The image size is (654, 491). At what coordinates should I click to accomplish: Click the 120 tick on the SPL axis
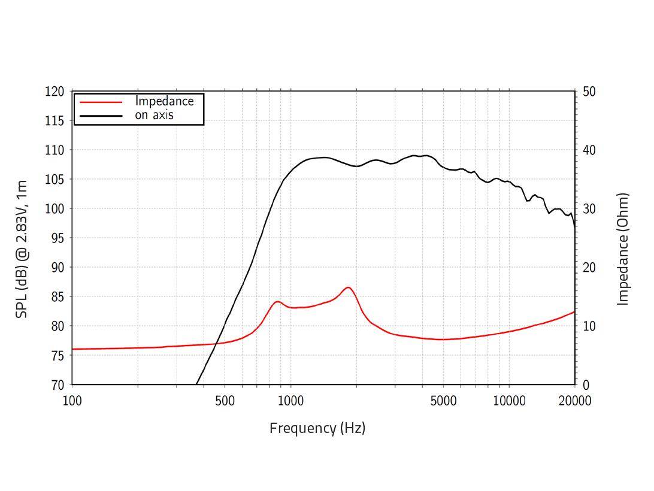(54, 92)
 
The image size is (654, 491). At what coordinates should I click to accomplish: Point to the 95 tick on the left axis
(54, 238)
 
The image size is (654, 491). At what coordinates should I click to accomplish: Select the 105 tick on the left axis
(54, 180)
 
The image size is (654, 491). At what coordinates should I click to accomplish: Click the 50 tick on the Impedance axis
(589, 92)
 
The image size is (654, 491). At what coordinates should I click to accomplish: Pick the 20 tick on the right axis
(589, 268)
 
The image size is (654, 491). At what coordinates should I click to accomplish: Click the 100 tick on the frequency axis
(72, 401)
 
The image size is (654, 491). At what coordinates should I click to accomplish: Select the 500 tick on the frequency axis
(225, 401)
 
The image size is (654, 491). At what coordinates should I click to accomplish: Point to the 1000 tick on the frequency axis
(290, 401)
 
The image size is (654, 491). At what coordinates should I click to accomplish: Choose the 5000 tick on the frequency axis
(443, 401)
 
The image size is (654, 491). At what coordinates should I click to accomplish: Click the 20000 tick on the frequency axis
(575, 401)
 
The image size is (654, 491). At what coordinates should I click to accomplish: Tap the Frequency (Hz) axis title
(317, 428)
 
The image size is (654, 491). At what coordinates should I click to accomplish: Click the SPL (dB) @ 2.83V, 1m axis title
(22, 249)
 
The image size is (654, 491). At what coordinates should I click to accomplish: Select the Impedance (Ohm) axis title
(623, 249)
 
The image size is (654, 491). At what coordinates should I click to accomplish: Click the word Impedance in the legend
(164, 101)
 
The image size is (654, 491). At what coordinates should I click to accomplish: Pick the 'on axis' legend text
(154, 115)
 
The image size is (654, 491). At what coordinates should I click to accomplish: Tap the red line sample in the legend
(101, 102)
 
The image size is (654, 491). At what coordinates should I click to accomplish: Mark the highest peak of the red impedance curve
(348, 287)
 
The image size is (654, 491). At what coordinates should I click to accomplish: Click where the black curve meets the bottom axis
(196, 384)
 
